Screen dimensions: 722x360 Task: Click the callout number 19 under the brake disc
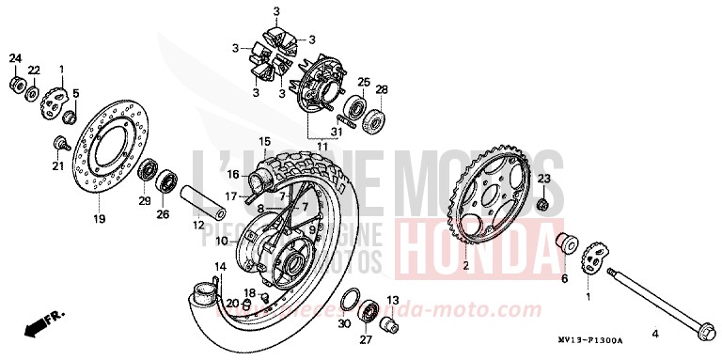pyautogui.click(x=99, y=219)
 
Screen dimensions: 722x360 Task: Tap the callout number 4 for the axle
pyautogui.click(x=656, y=334)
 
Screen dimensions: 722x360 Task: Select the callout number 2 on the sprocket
pyautogui.click(x=464, y=265)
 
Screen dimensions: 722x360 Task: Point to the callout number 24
pyautogui.click(x=15, y=59)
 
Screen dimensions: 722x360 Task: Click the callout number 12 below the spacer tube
pyautogui.click(x=198, y=226)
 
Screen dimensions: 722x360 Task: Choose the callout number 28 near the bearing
pyautogui.click(x=382, y=90)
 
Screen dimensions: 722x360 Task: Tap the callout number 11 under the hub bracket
pyautogui.click(x=322, y=148)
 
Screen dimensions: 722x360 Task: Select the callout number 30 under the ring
pyautogui.click(x=344, y=323)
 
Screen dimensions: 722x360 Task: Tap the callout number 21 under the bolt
pyautogui.click(x=57, y=166)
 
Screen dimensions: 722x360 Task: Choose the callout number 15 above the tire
pyautogui.click(x=264, y=141)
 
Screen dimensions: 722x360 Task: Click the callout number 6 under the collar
pyautogui.click(x=565, y=279)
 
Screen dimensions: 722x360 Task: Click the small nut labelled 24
pyautogui.click(x=16, y=86)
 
